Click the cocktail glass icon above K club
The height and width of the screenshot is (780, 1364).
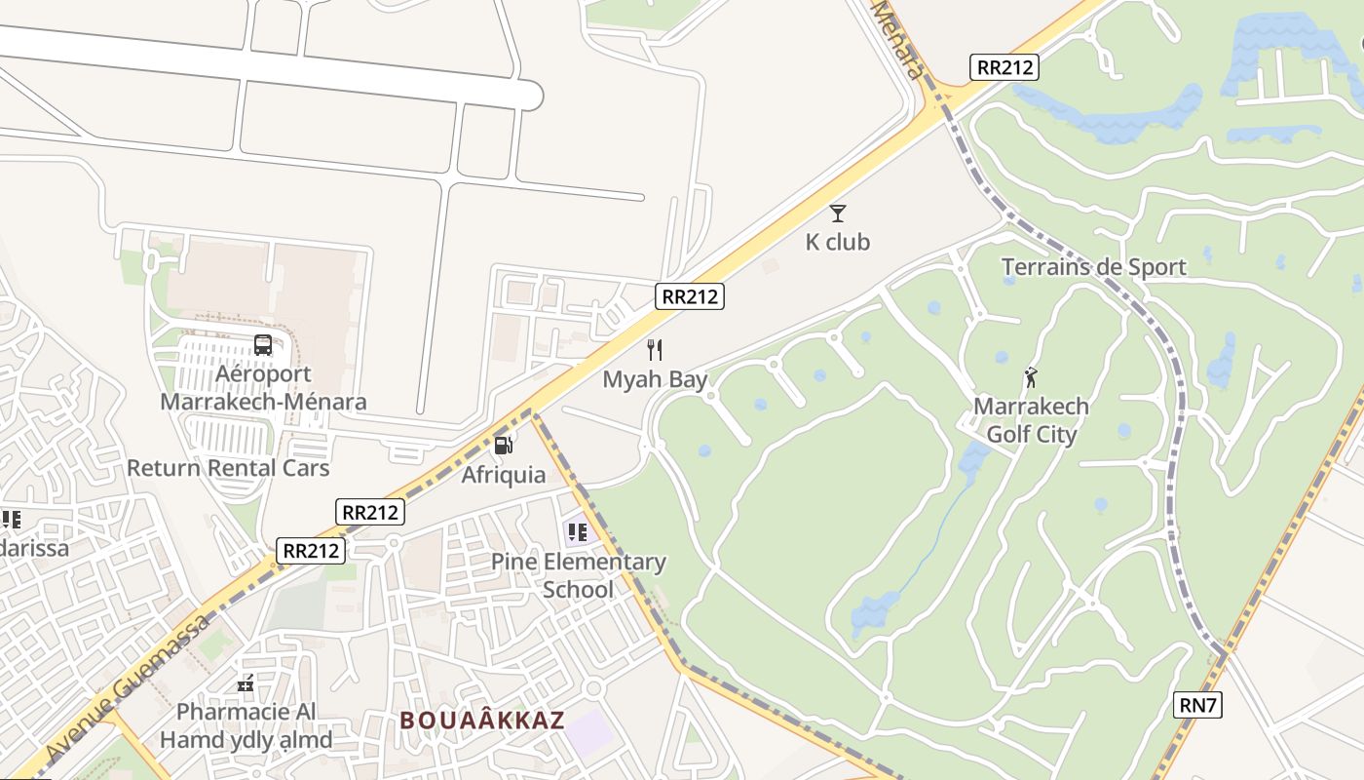(x=838, y=213)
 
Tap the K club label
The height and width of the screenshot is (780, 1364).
(x=838, y=242)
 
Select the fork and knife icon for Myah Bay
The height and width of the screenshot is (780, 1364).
(x=655, y=350)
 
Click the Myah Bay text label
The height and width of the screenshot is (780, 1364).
(x=655, y=379)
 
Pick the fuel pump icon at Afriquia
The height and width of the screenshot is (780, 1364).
(x=504, y=446)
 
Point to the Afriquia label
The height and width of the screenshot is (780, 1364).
(x=504, y=475)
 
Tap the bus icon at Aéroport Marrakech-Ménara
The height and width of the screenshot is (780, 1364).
(x=263, y=344)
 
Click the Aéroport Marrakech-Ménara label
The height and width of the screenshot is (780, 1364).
(x=263, y=388)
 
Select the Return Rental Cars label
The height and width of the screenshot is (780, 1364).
(x=228, y=468)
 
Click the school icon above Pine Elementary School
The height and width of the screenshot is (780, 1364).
(x=578, y=532)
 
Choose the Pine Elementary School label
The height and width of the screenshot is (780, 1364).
(x=579, y=575)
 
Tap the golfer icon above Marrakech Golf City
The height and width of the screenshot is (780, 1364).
(x=1031, y=376)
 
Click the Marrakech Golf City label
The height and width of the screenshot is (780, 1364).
(x=1032, y=420)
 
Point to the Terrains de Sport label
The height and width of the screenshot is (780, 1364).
(x=1094, y=267)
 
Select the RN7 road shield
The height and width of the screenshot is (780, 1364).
(x=1198, y=704)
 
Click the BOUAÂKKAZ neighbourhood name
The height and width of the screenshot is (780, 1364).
(x=482, y=721)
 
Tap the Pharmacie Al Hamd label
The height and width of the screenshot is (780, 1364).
(x=246, y=725)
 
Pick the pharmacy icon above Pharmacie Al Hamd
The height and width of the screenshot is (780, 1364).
(x=246, y=683)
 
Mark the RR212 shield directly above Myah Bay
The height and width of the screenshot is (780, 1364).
(x=690, y=296)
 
